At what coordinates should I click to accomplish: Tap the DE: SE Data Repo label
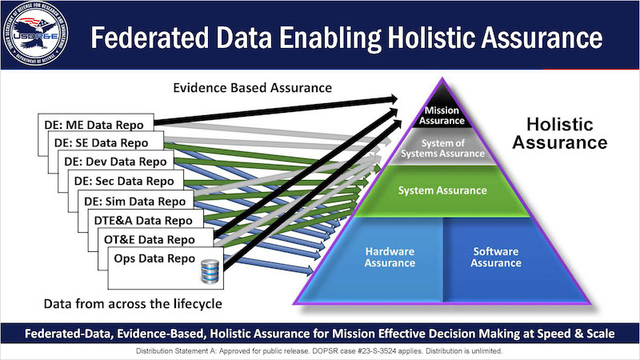tap(101, 143)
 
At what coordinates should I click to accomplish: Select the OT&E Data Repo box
tap(160, 239)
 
